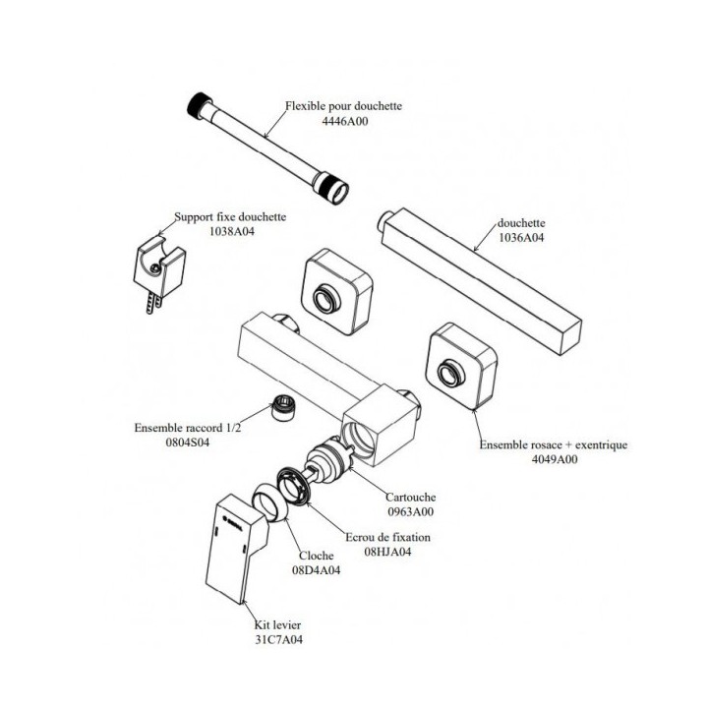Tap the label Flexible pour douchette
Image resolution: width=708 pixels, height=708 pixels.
click(343, 106)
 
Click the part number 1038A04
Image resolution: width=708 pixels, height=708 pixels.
click(231, 232)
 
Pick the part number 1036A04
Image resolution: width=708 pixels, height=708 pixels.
click(521, 238)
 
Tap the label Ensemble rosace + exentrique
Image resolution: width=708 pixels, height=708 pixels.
click(554, 444)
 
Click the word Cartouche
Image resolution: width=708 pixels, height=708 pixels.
click(410, 498)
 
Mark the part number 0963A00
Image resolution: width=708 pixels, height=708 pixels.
click(410, 511)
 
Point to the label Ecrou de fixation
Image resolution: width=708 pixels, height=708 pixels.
click(387, 537)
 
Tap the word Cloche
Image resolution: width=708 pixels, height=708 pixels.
click(315, 556)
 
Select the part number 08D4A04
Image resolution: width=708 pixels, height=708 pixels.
click(316, 569)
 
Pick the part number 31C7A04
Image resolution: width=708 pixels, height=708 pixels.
click(277, 639)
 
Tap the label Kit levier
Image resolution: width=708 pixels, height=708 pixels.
click(277, 624)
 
